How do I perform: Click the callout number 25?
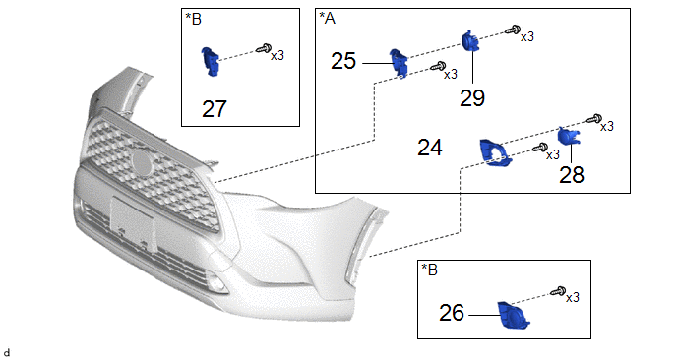coord(343,61)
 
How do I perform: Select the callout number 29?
coord(472,98)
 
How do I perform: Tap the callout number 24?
coord(430,149)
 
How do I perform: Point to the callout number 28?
coord(571,175)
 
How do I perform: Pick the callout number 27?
coord(215,109)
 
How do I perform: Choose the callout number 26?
coord(452,313)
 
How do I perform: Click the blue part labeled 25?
coord(399,64)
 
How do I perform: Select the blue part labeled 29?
coord(469,41)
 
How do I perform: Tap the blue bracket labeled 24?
coord(495,153)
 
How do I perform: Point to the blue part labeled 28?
coord(569,136)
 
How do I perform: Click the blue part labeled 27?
coord(211,63)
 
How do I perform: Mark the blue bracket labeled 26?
coord(513,315)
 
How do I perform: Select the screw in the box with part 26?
coord(559,290)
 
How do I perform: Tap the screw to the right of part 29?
coord(513,30)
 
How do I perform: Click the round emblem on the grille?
coord(143,162)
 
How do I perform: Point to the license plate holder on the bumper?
coord(133,222)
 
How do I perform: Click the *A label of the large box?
coord(327,18)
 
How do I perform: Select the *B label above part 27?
coord(193,19)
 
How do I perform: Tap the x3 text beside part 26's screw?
coord(573,297)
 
